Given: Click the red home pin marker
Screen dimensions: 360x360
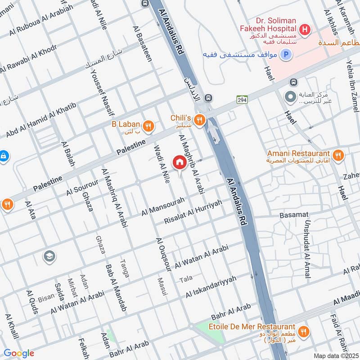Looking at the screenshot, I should point(179,162).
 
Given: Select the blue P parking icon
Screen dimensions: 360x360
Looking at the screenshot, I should point(285,55).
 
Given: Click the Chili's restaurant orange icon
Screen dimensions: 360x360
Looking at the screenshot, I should point(200,119).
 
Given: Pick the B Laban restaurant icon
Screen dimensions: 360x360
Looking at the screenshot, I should point(148,126).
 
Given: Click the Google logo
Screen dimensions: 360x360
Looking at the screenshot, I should point(18,353).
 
